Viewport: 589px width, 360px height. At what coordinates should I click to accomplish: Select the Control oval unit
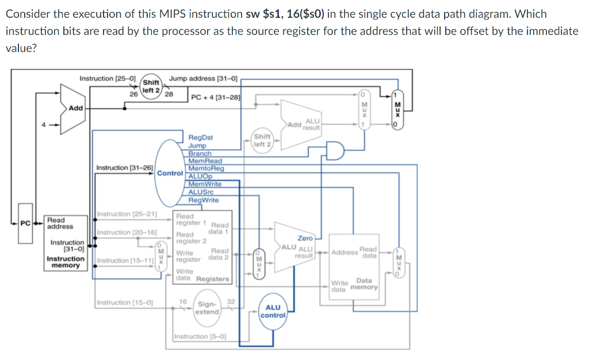click(170, 173)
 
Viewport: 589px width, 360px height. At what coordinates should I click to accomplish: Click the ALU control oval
click(273, 311)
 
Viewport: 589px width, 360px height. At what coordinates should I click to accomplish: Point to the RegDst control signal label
click(201, 138)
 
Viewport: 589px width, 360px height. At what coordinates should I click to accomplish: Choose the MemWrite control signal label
click(205, 185)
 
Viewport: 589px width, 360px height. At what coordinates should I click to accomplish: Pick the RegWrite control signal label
click(204, 200)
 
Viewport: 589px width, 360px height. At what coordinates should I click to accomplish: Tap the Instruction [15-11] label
click(124, 261)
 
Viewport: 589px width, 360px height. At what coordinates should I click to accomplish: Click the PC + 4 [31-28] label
click(216, 97)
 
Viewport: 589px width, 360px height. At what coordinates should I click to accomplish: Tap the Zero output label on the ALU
click(305, 238)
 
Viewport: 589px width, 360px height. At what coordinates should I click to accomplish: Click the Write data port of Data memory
click(339, 286)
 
